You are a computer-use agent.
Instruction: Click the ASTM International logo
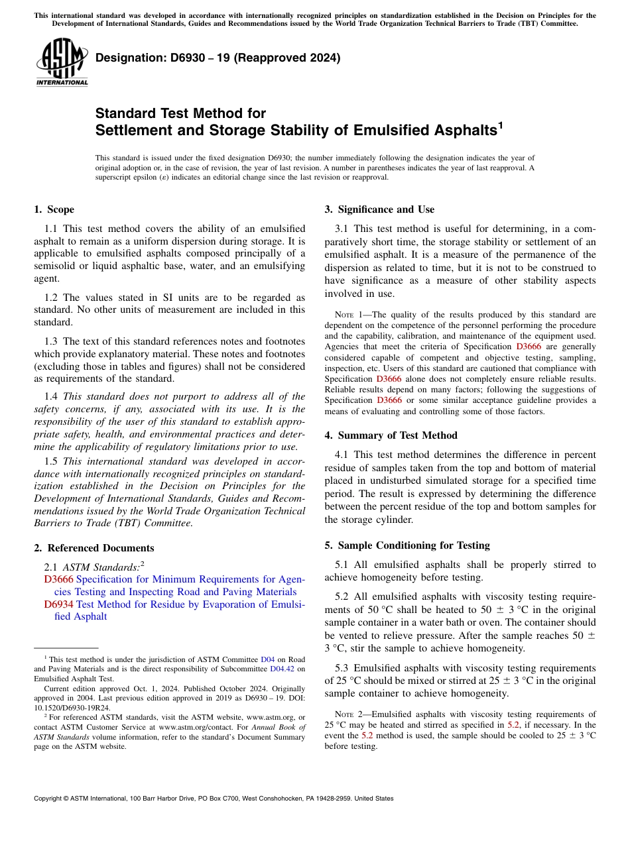pos(62,63)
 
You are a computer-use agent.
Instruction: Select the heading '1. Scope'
pos(54,209)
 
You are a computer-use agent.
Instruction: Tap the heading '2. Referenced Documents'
pos(94,548)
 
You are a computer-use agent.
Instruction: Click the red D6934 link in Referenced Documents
pos(58,604)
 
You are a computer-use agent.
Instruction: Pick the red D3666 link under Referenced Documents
pos(58,579)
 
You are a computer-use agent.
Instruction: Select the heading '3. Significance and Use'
pos(379,209)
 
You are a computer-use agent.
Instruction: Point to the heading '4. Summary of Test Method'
pos(391,435)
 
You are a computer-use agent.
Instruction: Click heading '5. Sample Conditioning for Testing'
pos(407,545)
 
